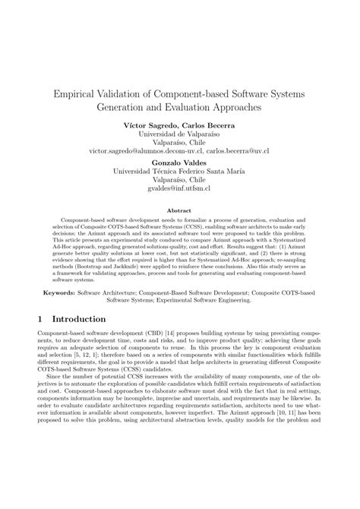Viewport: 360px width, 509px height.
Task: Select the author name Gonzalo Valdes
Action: (180, 163)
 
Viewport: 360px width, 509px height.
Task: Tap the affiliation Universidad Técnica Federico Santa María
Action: (180, 172)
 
